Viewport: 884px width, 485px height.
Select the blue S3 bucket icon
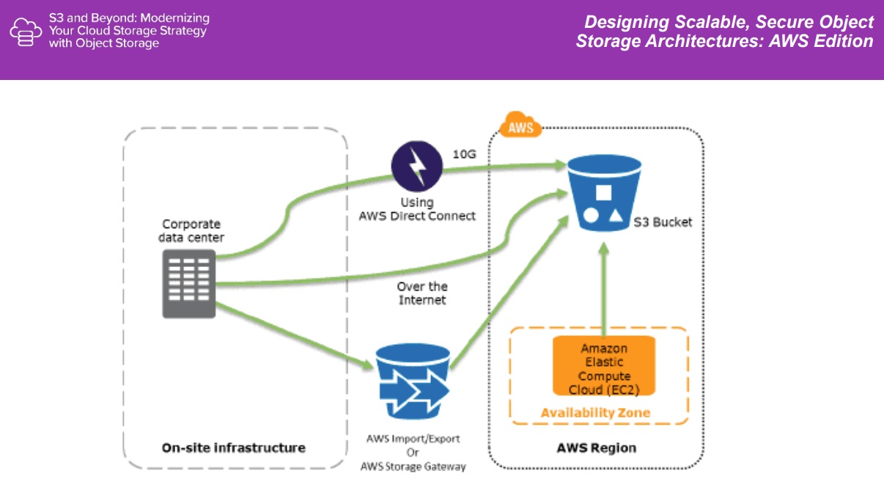click(603, 198)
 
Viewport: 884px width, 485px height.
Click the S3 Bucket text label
click(663, 222)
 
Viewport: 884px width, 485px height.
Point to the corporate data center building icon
click(189, 283)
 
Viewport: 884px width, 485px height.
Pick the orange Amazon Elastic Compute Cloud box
click(603, 365)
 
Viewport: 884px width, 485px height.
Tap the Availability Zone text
click(595, 412)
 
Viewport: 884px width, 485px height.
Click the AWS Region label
click(596, 447)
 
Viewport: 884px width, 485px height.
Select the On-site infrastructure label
click(234, 447)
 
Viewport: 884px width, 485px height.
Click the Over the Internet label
click(422, 293)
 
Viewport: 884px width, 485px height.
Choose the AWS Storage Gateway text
click(413, 466)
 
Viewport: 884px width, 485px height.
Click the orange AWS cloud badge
click(520, 126)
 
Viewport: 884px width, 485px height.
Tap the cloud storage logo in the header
click(26, 32)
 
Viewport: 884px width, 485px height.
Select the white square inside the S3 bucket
click(603, 192)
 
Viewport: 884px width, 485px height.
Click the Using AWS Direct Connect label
click(417, 208)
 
